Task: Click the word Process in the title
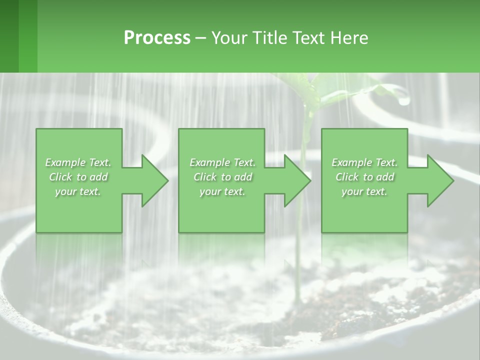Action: pos(157,38)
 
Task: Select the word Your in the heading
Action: pos(229,38)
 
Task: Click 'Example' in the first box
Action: pos(64,162)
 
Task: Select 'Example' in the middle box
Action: pos(209,162)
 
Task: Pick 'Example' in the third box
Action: pos(351,162)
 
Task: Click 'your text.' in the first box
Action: pos(78,191)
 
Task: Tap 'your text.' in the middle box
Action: pos(222,191)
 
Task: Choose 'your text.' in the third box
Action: pos(364,191)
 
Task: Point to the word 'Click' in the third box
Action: pos(347,177)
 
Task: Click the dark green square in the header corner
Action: pos(9,36)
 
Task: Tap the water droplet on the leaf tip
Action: pos(404,100)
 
